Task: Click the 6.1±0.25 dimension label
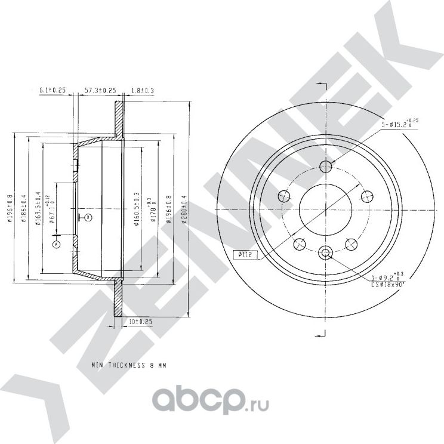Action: pos(51,91)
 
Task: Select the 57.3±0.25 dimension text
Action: pos(99,91)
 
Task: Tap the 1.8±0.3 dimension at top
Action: pos(143,91)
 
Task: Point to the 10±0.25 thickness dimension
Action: pos(141,322)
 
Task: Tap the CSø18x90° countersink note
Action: pos(386,285)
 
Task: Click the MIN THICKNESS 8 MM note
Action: pos(129,363)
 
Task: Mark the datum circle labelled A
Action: pos(57,244)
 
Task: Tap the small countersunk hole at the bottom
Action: pos(325,254)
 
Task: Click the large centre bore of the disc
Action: pos(325,210)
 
